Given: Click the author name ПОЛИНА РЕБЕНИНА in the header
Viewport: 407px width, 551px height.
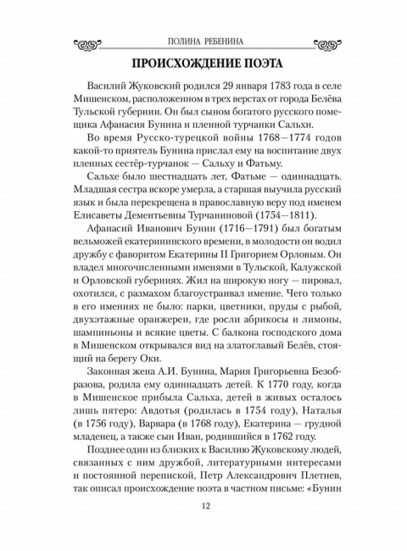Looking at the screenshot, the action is coord(203,41).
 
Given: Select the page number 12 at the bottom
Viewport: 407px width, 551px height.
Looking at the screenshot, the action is coord(203,508).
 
